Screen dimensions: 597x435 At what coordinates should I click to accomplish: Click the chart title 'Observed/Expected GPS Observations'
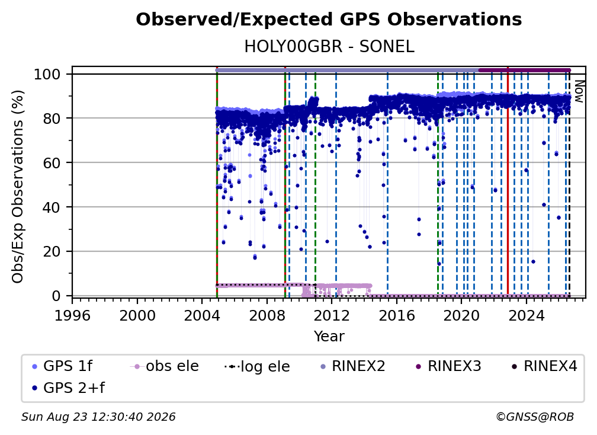click(329, 20)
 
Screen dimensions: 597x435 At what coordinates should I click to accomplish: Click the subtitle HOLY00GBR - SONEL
click(329, 46)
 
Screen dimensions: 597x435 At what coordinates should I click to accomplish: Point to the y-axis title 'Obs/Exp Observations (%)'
click(18, 187)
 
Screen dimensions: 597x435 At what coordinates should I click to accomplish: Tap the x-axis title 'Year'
click(329, 337)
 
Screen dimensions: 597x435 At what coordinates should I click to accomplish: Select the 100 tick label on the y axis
click(47, 74)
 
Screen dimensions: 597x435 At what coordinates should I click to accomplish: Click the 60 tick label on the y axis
click(52, 163)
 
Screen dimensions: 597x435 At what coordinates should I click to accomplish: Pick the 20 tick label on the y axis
click(52, 252)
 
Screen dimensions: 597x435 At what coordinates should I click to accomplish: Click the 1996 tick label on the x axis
click(72, 316)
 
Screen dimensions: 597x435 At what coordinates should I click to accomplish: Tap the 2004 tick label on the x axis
click(202, 316)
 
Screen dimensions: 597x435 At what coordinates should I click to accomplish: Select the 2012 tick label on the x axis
click(332, 316)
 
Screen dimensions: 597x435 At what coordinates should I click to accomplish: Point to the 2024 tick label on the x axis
click(526, 316)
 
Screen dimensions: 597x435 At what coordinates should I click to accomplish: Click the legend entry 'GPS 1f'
click(62, 366)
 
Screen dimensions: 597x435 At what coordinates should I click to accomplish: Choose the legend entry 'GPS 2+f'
click(68, 388)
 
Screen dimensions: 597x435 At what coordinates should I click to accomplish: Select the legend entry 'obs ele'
click(165, 366)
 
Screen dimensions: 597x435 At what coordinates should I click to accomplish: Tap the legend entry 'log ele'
click(258, 366)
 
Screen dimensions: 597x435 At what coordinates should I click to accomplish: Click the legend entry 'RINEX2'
click(353, 366)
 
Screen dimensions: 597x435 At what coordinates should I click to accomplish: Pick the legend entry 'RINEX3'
click(449, 366)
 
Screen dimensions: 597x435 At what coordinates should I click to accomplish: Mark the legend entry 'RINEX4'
click(545, 366)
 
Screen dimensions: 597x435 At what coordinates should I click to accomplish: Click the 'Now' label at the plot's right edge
click(579, 91)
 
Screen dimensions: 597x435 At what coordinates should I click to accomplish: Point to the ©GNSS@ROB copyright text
click(535, 417)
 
